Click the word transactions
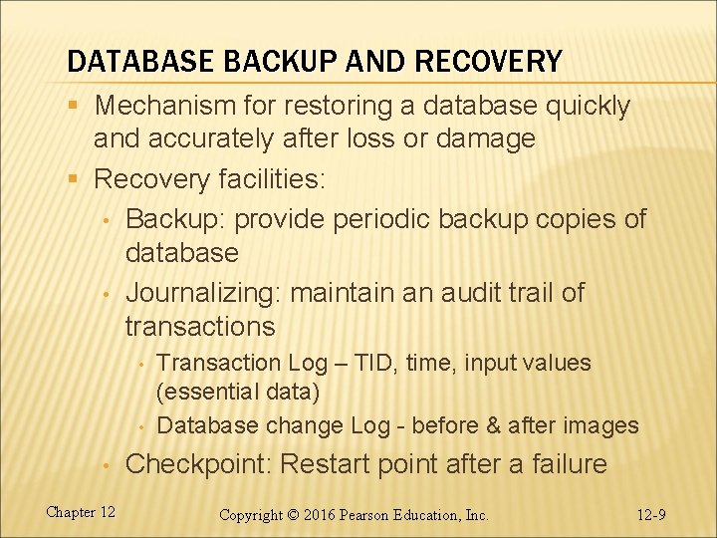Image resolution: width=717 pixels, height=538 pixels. [200, 326]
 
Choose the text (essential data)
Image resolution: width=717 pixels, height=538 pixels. [239, 393]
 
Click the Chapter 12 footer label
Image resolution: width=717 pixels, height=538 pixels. [81, 512]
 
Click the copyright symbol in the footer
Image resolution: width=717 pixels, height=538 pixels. [295, 515]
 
